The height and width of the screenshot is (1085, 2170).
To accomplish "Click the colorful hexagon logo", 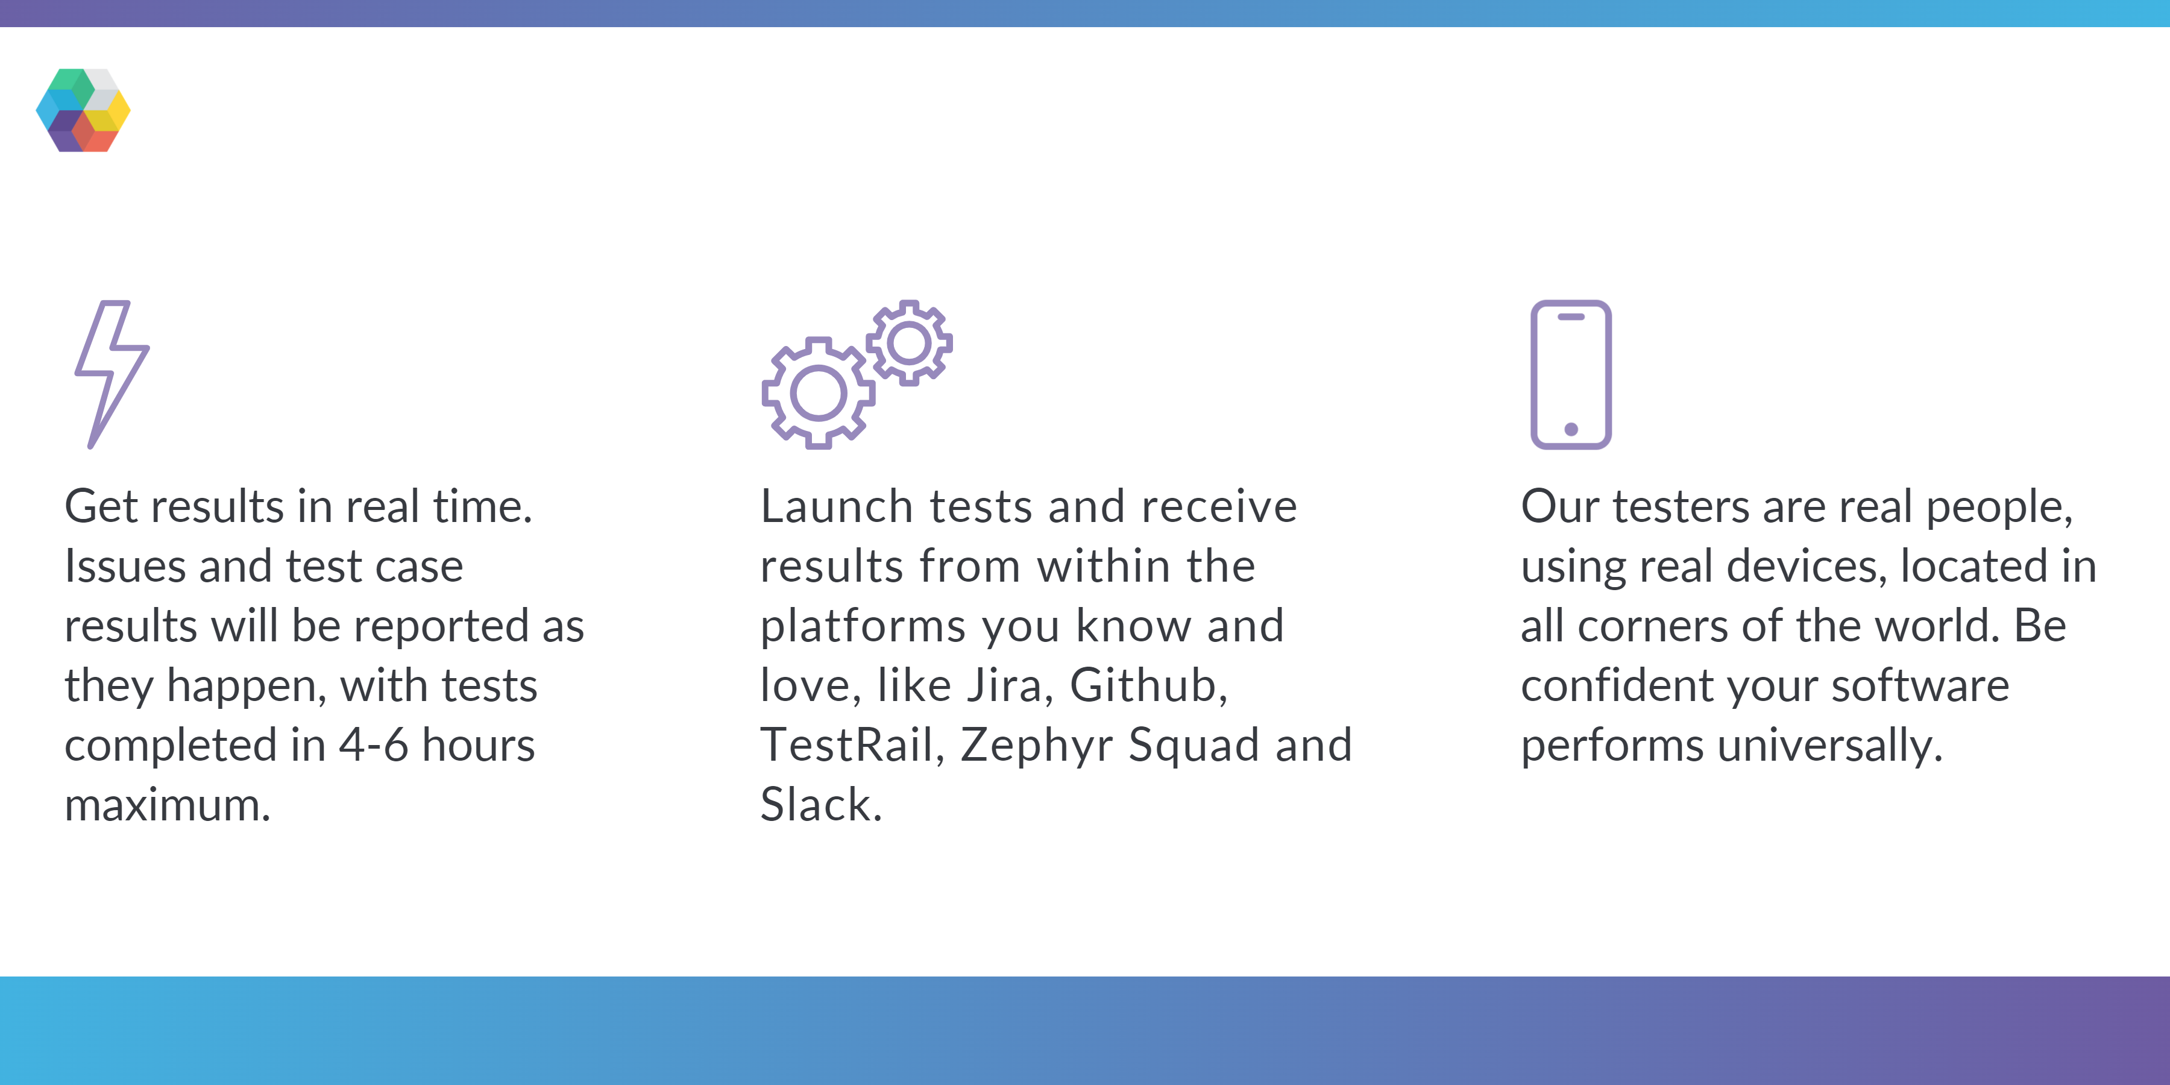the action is click(83, 110).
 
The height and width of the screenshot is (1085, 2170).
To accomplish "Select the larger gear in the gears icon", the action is click(818, 392).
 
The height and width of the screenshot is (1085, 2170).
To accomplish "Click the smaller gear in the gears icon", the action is click(909, 343).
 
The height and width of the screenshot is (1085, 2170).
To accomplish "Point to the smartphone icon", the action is click(1571, 374).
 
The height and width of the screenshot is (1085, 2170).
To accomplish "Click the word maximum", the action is click(168, 805).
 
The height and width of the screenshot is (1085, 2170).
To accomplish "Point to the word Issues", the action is click(125, 566).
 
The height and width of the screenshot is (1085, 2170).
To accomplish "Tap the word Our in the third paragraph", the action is click(1559, 507).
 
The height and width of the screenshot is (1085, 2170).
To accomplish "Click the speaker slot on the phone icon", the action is click(1571, 316).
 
